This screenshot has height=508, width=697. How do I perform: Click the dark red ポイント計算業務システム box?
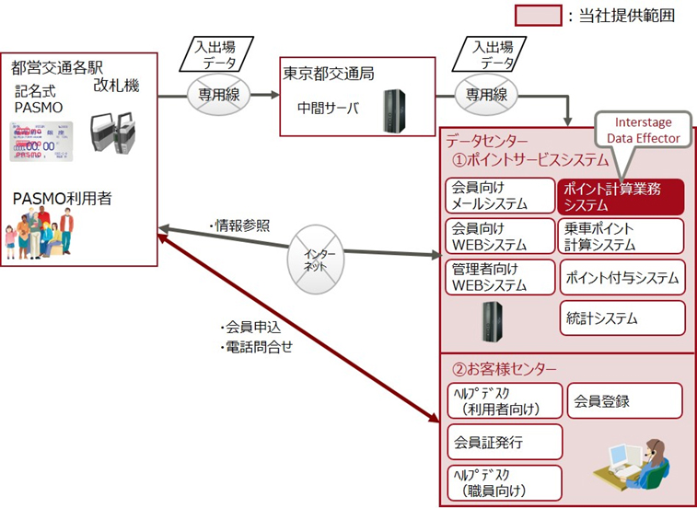click(x=621, y=196)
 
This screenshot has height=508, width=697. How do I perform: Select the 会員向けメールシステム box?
click(x=501, y=196)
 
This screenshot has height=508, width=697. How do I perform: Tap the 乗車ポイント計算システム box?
click(x=621, y=237)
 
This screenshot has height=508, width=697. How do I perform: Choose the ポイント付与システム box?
click(x=621, y=277)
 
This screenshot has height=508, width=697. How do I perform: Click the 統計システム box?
click(x=621, y=318)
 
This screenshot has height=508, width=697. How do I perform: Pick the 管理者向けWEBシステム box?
click(x=501, y=277)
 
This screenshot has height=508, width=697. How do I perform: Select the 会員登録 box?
click(x=623, y=401)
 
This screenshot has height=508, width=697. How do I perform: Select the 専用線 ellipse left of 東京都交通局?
click(x=219, y=94)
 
